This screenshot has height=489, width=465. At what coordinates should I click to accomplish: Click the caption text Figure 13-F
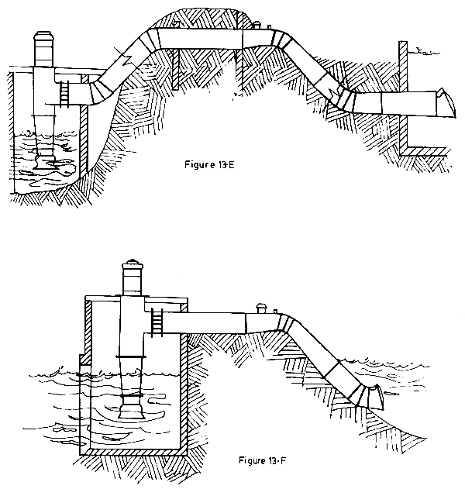pyautogui.click(x=263, y=460)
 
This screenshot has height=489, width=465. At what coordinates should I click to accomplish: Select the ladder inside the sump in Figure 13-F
pyautogui.click(x=157, y=320)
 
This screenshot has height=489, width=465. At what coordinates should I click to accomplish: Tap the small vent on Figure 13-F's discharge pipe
pyautogui.click(x=263, y=308)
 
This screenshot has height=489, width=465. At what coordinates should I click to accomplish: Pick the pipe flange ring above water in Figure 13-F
pyautogui.click(x=131, y=355)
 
